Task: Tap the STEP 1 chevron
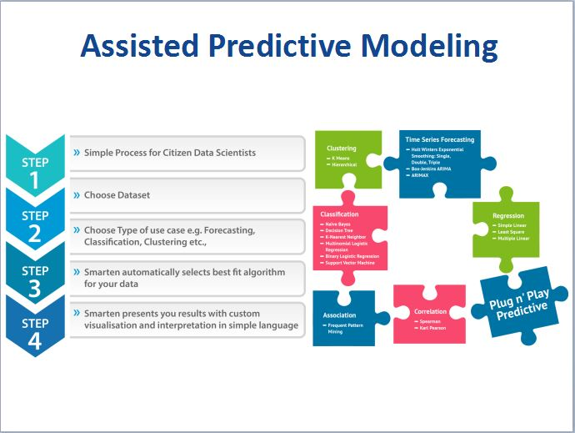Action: tap(35, 171)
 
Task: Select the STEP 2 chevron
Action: tap(35, 224)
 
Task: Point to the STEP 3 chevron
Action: tap(35, 279)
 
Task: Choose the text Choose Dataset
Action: tap(117, 195)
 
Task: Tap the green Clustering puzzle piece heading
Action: tap(342, 149)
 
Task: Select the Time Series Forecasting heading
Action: tap(439, 139)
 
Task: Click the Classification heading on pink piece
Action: tap(340, 214)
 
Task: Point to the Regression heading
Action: tap(508, 216)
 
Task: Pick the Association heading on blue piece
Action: tap(339, 315)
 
